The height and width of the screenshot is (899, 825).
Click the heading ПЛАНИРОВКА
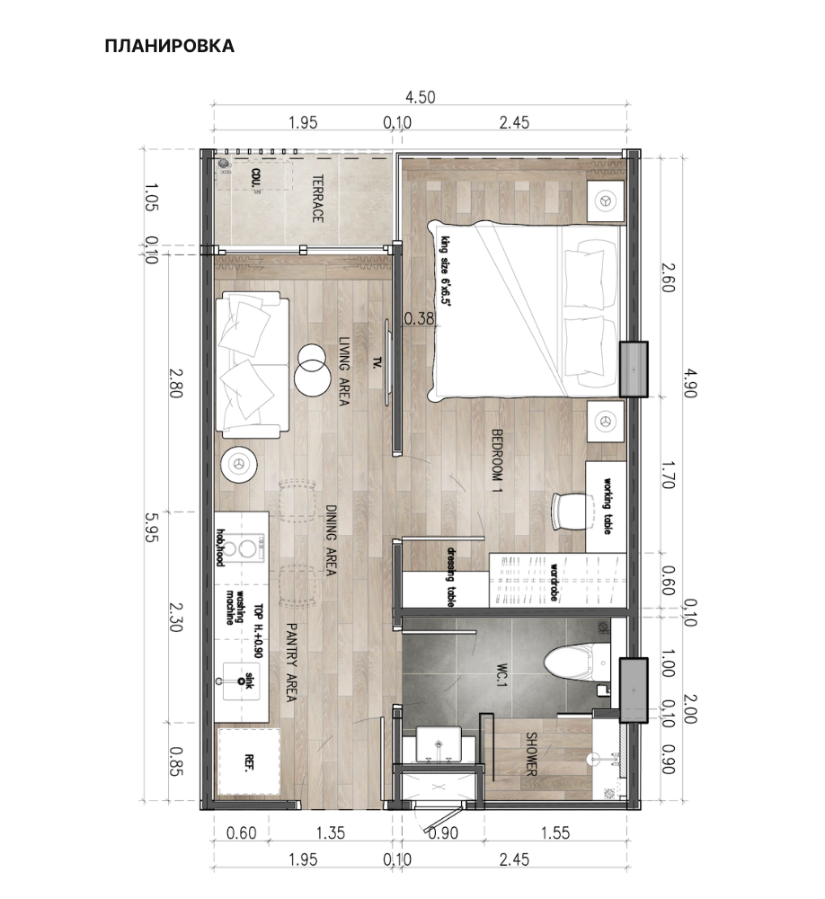169,46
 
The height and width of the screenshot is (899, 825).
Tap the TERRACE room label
317,200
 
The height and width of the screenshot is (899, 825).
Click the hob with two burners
239,549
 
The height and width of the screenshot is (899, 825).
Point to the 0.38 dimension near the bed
419,317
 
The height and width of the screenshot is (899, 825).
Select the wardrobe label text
555,583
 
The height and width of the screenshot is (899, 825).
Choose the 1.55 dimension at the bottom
555,833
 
